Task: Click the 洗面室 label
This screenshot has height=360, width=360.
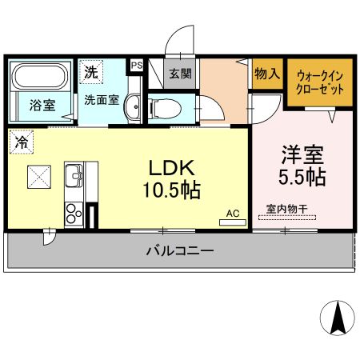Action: click(x=102, y=101)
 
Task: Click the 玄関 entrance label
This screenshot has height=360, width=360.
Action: click(x=180, y=74)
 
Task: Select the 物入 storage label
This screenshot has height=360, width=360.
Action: click(x=266, y=74)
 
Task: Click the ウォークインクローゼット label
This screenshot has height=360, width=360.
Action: click(x=319, y=81)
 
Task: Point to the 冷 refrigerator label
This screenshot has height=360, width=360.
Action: click(x=20, y=142)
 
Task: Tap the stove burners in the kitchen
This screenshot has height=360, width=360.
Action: click(x=73, y=214)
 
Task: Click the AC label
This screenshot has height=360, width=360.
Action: click(x=233, y=214)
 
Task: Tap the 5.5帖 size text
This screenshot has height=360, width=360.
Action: click(x=302, y=177)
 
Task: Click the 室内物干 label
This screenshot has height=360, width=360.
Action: click(x=286, y=210)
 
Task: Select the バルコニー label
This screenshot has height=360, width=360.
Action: click(x=179, y=251)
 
